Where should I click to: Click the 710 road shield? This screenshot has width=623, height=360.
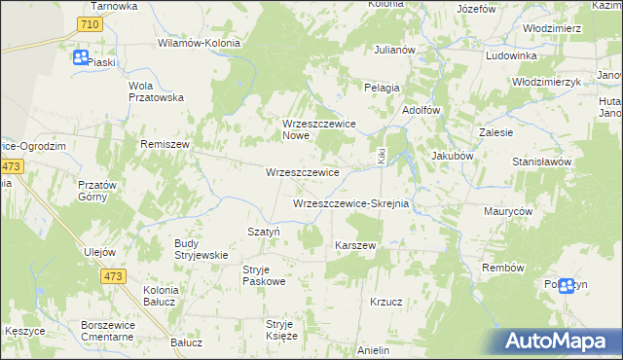(90, 23)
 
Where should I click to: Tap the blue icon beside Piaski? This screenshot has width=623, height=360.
(80, 57)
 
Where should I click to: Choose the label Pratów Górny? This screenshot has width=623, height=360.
(97, 191)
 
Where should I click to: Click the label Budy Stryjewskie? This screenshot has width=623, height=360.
(201, 249)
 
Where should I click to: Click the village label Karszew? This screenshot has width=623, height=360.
(355, 245)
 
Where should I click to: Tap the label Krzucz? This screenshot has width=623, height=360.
(386, 302)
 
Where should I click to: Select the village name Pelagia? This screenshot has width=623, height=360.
(383, 88)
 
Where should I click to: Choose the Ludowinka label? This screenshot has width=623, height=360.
(511, 55)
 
